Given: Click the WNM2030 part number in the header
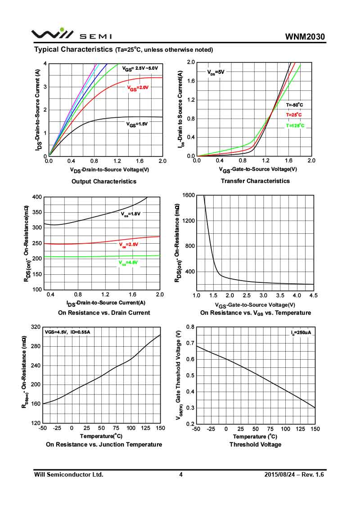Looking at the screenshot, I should [x=305, y=36].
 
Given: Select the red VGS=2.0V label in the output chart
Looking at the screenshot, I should [x=138, y=88].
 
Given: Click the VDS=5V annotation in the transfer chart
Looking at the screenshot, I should [x=216, y=71].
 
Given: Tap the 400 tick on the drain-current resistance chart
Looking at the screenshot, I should [x=36, y=197].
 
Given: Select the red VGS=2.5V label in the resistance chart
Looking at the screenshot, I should [x=129, y=245].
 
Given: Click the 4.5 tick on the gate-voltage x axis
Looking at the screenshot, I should [x=314, y=295].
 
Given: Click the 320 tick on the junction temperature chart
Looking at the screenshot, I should [x=35, y=327].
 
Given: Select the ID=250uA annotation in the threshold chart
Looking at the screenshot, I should [x=301, y=332].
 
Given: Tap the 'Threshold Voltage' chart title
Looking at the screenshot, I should [x=255, y=444].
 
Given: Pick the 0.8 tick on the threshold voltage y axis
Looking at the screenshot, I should [x=190, y=327].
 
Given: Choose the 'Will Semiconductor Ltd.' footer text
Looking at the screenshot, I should [x=69, y=474].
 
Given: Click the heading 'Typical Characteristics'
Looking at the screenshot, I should [x=73, y=49].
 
